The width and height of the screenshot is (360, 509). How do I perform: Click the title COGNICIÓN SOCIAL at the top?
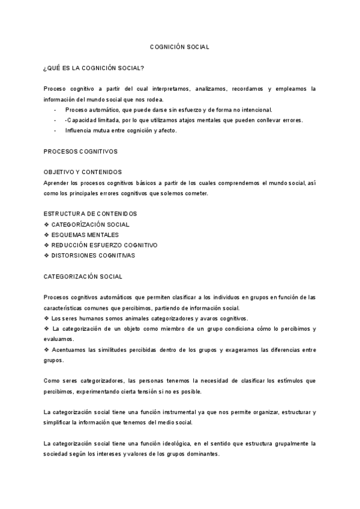click(x=179, y=46)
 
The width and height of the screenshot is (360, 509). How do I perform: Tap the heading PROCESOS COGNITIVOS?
click(x=80, y=151)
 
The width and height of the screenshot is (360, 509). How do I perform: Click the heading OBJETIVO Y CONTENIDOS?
click(x=83, y=172)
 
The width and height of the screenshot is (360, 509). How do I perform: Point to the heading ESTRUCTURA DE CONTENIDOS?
click(x=90, y=214)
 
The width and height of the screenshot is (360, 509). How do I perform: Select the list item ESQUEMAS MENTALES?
click(x=85, y=235)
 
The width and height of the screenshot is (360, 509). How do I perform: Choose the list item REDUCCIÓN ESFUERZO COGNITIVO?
click(x=104, y=245)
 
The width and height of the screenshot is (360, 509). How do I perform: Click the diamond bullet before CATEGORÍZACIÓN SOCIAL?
click(x=47, y=224)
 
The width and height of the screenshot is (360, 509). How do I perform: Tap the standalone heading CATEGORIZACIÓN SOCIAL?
click(x=83, y=277)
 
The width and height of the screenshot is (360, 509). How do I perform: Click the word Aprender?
click(x=57, y=182)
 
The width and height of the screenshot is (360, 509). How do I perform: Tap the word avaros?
click(x=194, y=318)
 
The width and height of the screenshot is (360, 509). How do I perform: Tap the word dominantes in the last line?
click(x=201, y=454)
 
